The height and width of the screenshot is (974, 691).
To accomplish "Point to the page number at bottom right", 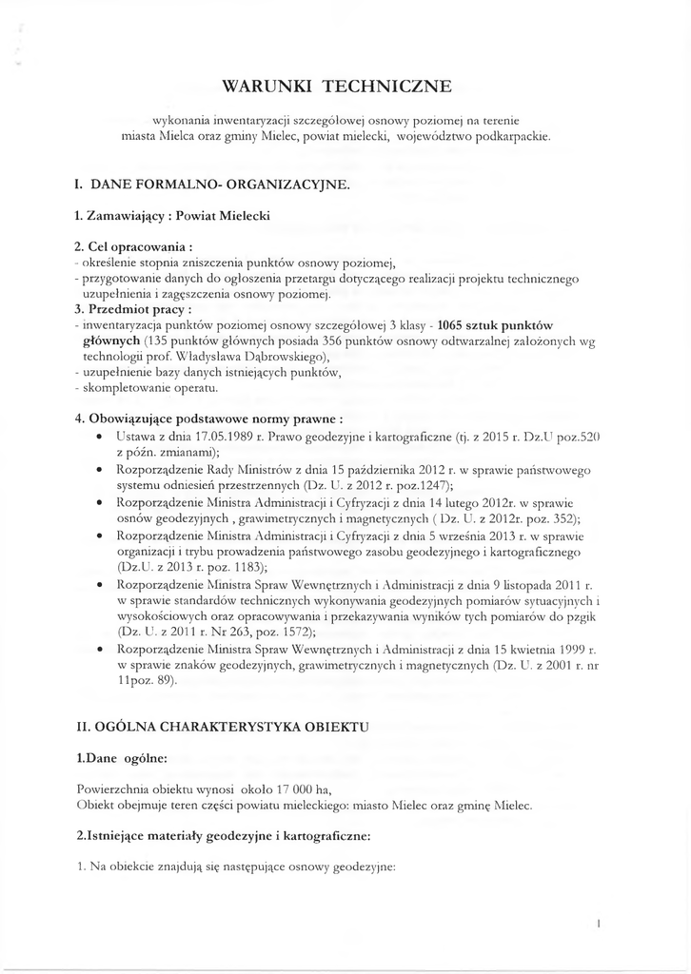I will tap(597, 923).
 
